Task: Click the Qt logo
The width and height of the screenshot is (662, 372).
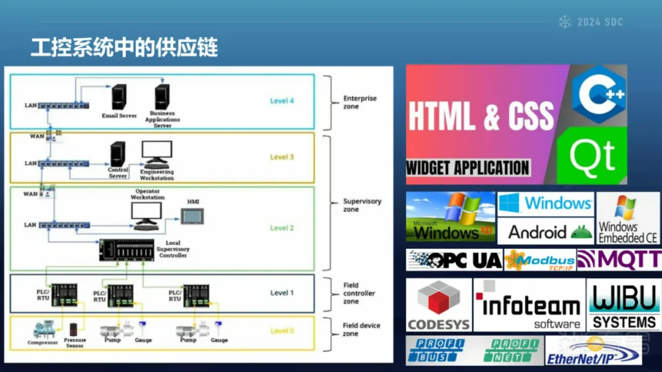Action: pos(592,155)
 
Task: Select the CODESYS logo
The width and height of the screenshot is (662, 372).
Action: pos(438,306)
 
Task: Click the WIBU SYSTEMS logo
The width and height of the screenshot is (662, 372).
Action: pos(624,306)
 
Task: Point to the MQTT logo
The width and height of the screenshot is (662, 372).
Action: pos(620,260)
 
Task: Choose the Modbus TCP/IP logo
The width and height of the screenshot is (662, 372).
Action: pos(540,260)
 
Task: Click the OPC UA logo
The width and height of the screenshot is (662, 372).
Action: pos(455,260)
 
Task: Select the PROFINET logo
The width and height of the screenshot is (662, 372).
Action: pos(511,350)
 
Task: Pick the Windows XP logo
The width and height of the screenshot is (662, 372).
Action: pos(451,216)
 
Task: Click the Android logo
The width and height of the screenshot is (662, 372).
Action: pos(546,232)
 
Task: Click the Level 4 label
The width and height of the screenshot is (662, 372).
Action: pos(282,101)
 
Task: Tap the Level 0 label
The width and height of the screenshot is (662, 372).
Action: pos(282,331)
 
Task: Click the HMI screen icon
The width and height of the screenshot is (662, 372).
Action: pos(193,216)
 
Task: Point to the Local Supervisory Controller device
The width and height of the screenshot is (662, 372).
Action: pos(127,249)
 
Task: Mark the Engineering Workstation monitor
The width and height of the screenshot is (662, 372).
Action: pos(157,152)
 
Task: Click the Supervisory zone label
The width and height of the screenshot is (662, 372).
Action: pos(362,205)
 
